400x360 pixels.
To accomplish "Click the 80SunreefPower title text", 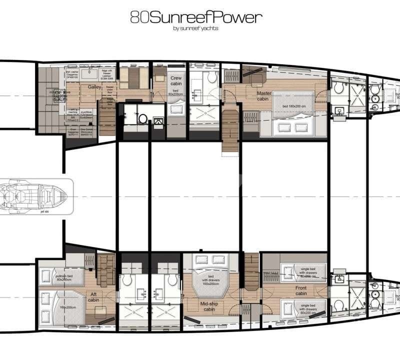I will [x=195, y=18].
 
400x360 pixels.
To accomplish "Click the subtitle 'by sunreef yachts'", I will [x=195, y=28].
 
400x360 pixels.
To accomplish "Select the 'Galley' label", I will [x=95, y=87].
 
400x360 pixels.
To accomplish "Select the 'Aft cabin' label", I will [x=93, y=296].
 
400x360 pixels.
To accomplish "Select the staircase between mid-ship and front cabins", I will [x=251, y=269].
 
